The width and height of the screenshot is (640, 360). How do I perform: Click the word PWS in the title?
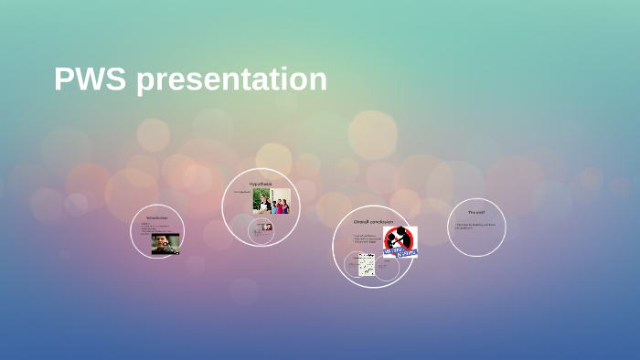(91, 79)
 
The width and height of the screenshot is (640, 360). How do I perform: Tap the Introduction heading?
(156, 217)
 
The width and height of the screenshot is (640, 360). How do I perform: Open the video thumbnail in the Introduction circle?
(165, 243)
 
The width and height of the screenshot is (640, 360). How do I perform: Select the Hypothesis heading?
(261, 184)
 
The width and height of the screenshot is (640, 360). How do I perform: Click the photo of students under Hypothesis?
(272, 201)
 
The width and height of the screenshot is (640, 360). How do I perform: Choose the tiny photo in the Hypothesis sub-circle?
(267, 227)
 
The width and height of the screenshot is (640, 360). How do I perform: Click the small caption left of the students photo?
(240, 193)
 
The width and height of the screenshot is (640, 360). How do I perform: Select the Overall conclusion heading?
(373, 221)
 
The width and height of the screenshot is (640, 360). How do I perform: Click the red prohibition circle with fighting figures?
(399, 240)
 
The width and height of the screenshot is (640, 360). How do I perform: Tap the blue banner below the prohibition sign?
(400, 253)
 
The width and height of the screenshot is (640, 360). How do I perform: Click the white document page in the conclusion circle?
(367, 264)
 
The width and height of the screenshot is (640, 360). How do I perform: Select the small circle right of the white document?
(387, 268)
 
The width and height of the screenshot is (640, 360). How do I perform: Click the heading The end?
(476, 212)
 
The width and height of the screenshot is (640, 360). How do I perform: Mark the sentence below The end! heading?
(475, 225)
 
